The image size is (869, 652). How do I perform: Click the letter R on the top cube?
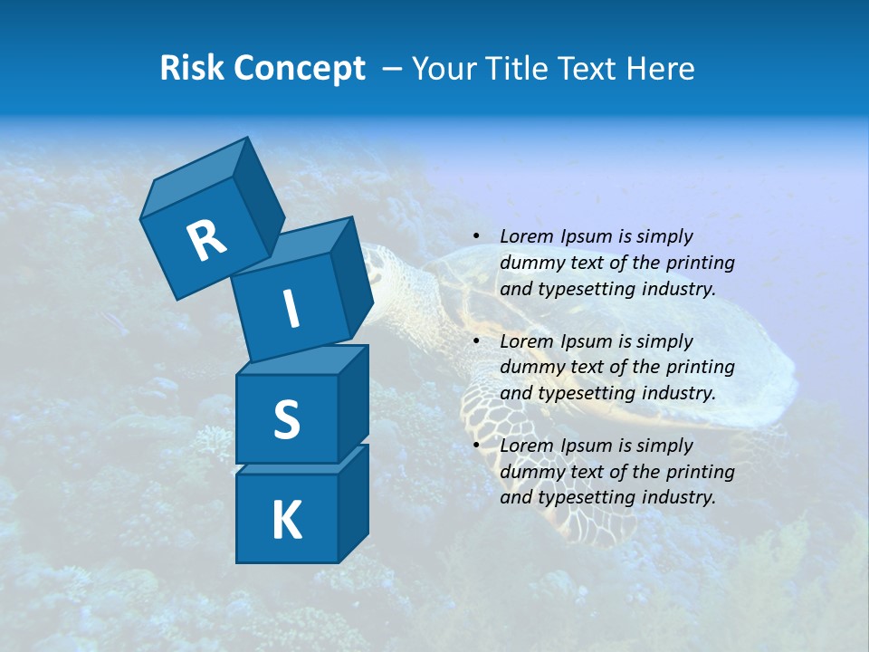(x=206, y=240)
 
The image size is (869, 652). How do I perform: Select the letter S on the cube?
(x=286, y=419)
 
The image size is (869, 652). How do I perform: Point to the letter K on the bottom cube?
(x=286, y=521)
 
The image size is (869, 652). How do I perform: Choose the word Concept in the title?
(x=299, y=69)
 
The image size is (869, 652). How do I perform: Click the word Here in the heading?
(x=662, y=69)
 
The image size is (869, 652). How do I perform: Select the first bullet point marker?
(x=476, y=237)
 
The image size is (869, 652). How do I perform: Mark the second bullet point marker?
(x=476, y=342)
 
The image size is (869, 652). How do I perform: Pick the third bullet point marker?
(x=476, y=446)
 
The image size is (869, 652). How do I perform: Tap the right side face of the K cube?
(x=353, y=504)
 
